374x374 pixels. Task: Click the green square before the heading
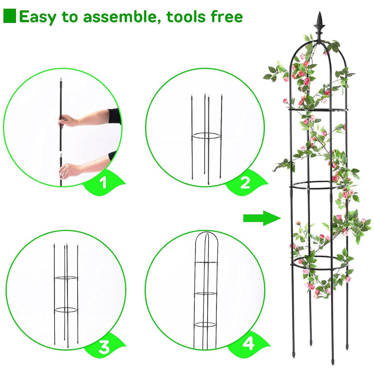[x=10, y=16]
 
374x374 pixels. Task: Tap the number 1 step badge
[x=104, y=182]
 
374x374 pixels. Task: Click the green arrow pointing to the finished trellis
[x=262, y=218]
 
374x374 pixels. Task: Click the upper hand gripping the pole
[x=69, y=121]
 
